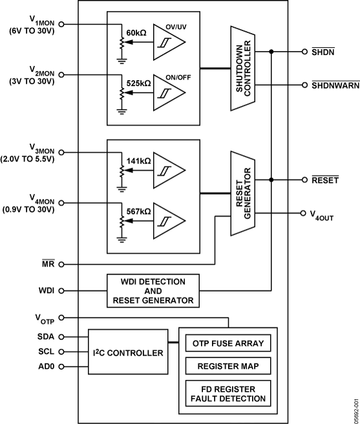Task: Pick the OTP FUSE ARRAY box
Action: click(x=228, y=343)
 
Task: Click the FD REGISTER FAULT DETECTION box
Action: click(x=228, y=394)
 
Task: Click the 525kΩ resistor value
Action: click(x=137, y=84)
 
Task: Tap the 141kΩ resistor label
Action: click(x=137, y=161)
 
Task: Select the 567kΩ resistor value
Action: click(x=137, y=211)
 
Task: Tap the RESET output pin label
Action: click(x=325, y=180)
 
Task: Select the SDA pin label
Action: click(x=46, y=336)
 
